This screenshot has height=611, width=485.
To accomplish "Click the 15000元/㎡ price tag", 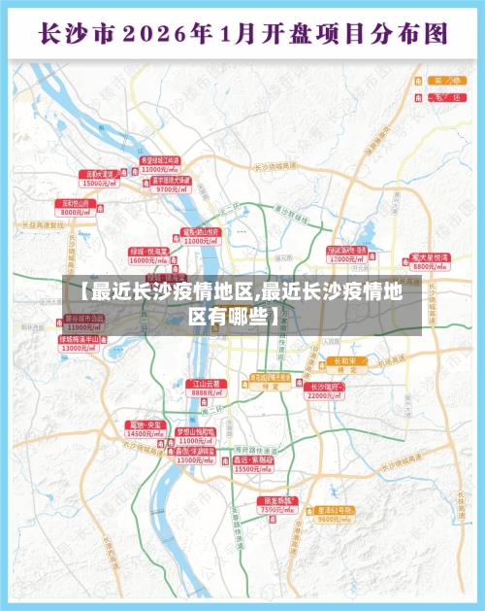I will point(101,183).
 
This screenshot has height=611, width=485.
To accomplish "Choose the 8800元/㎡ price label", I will point(430,266).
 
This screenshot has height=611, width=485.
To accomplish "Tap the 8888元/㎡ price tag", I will point(206,392).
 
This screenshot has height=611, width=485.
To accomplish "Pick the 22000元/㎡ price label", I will point(323,395).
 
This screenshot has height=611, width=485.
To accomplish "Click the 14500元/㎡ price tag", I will point(145,433).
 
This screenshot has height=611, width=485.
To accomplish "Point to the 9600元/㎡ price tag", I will point(335,519).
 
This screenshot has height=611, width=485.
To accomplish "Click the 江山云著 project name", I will point(206,384).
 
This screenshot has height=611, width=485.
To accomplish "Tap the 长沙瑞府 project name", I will point(323,387).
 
